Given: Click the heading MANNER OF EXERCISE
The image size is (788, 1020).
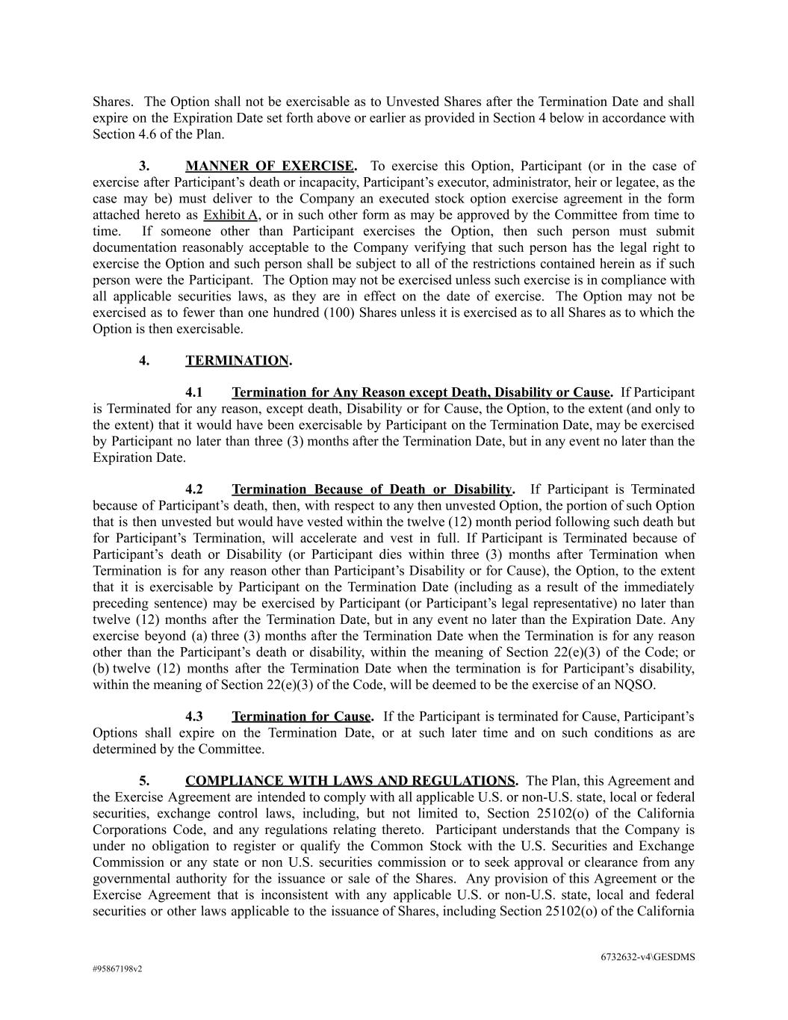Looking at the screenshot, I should [x=270, y=166].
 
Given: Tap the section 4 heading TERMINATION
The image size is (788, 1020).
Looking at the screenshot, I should [x=237, y=361].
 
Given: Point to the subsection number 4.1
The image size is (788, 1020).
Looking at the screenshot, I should [x=194, y=393].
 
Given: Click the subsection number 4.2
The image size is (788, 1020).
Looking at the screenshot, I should [x=194, y=490].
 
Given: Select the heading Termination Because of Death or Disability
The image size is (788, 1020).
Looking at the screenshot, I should [x=372, y=490].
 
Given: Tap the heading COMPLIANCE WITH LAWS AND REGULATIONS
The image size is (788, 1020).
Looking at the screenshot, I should [x=350, y=782].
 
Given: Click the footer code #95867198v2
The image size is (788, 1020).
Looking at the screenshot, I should [x=117, y=969].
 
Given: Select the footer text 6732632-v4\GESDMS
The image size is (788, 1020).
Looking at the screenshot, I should [x=648, y=957].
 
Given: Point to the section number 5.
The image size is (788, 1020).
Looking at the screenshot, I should [x=144, y=782].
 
